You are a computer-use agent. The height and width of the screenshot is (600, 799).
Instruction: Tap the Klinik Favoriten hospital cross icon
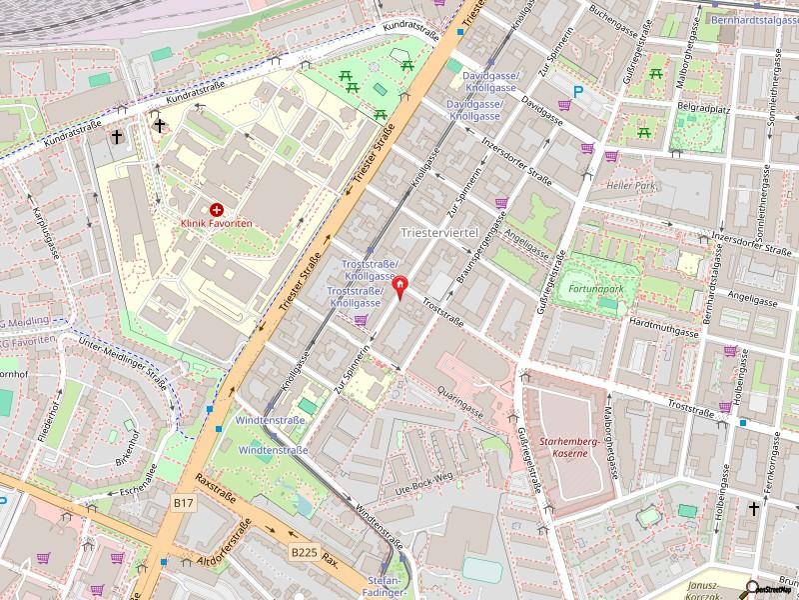click(x=216, y=210)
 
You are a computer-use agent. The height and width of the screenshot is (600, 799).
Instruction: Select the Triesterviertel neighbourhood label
click(x=439, y=232)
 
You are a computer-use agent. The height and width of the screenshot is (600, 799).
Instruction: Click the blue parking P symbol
click(x=577, y=98)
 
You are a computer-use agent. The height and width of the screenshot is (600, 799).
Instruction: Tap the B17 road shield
click(x=183, y=503)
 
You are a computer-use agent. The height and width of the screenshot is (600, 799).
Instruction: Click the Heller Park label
click(x=628, y=186)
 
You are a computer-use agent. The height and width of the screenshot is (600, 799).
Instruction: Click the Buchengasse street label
click(x=612, y=19)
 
